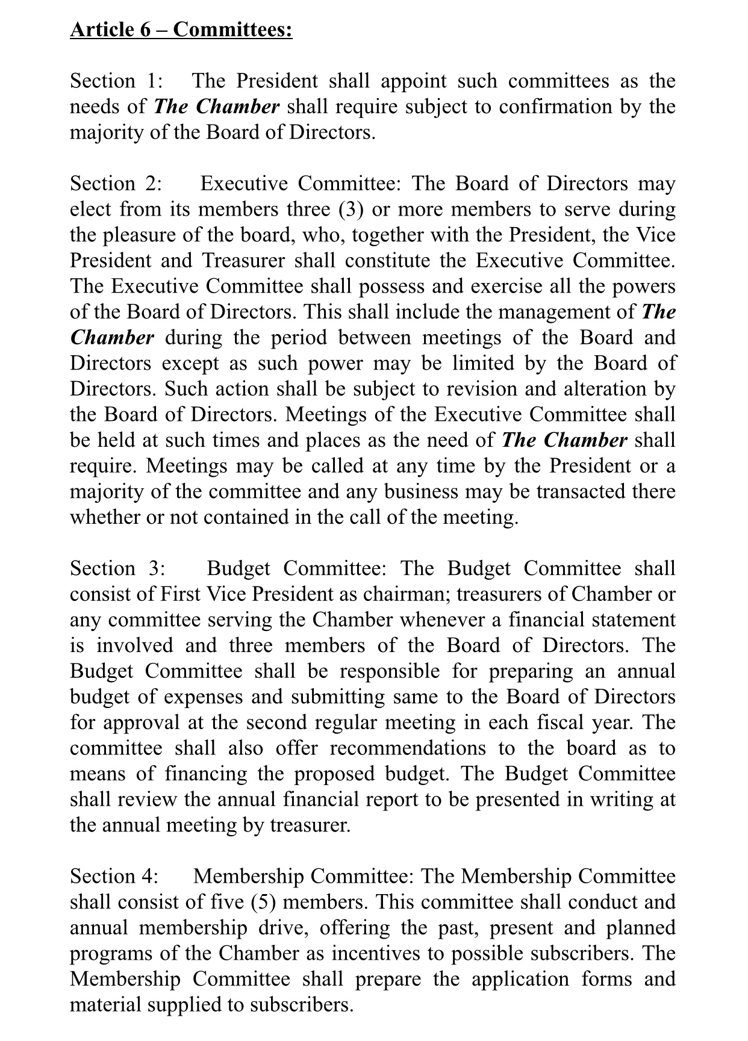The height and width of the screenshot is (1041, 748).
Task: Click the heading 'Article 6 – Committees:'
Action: [x=181, y=30]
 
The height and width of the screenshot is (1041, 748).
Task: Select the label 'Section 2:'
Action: [x=113, y=184]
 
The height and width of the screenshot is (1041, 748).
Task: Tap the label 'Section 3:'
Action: [x=117, y=568]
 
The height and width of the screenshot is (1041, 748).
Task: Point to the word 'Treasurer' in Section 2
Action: [x=243, y=260]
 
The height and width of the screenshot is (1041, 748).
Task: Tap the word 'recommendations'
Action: [x=407, y=748]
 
